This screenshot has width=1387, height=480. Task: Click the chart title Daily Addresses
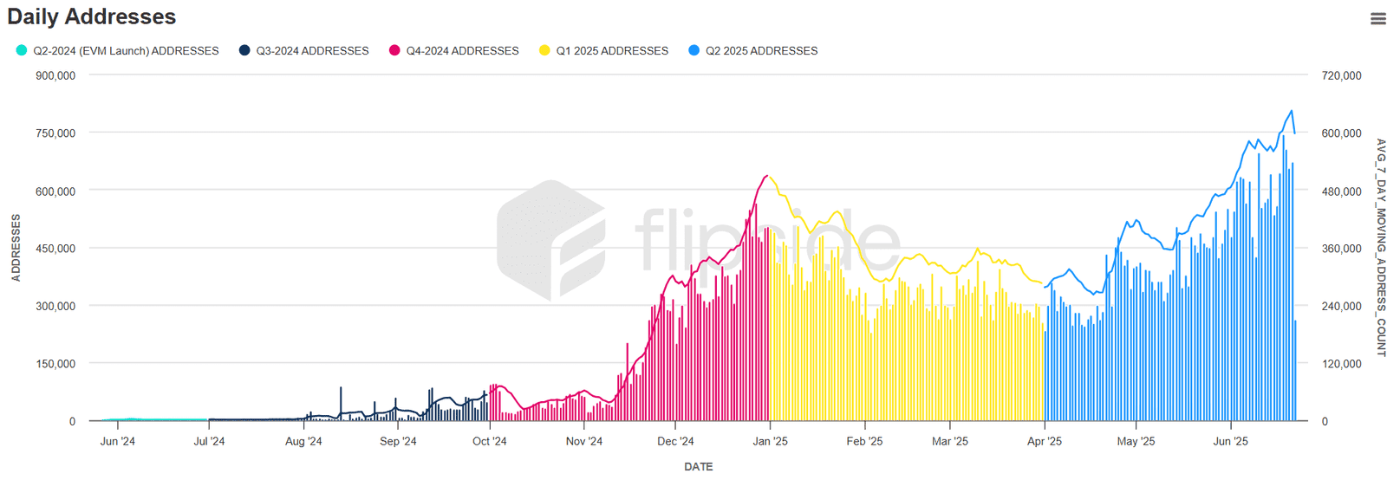coord(91,16)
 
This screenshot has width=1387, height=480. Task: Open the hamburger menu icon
coord(1377,18)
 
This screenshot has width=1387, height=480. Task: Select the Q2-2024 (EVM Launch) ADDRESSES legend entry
coord(117,51)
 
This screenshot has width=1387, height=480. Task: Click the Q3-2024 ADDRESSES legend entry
coord(304,51)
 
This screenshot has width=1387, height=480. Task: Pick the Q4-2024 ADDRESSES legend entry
coord(454,51)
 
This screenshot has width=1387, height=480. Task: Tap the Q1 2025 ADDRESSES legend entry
coord(604,51)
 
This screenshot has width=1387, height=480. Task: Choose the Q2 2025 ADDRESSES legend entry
coord(753,51)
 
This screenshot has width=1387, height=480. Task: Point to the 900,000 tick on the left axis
coord(55,75)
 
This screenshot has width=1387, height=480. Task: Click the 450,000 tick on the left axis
coord(55,249)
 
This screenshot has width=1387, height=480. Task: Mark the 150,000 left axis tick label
coord(55,364)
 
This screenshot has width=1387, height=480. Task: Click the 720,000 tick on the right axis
coord(1341,75)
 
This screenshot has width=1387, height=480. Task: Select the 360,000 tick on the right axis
coord(1341,249)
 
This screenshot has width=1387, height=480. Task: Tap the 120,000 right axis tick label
coord(1341,364)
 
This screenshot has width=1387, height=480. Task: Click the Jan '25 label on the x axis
coord(770,441)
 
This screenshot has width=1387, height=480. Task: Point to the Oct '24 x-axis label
coord(489,441)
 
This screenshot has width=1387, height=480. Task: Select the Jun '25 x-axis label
coord(1230,441)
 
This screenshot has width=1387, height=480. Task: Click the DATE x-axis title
coord(698,467)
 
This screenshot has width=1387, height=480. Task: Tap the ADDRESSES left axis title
coord(16,249)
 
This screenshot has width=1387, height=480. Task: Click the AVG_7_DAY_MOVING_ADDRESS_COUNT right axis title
coord(1381,248)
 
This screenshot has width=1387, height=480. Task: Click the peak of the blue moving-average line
coord(1292,111)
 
